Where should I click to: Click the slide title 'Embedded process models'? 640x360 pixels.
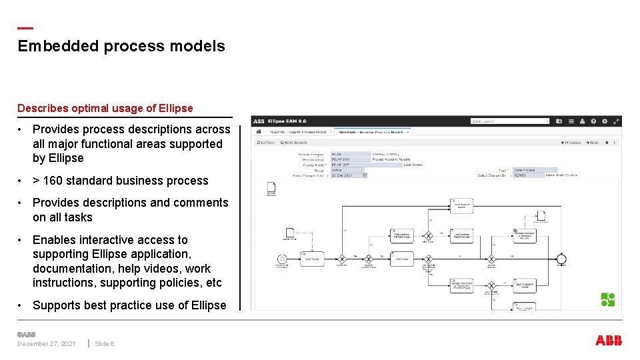point(121,46)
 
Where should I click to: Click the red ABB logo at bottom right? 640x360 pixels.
point(608,341)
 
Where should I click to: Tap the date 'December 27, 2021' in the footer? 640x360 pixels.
point(47,344)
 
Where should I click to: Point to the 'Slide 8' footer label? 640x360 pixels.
point(105,344)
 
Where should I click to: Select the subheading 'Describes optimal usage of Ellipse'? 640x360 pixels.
point(105,108)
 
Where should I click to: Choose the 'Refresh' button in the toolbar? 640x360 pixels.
point(266,143)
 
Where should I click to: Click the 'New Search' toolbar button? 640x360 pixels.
point(294,143)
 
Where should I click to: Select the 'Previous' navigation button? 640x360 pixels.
point(571,143)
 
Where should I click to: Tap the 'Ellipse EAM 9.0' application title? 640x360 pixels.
point(287,121)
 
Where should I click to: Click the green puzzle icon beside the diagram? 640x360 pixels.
point(608,300)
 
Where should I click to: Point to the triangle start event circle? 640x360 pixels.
point(283,259)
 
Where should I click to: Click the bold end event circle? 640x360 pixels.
point(562,259)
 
